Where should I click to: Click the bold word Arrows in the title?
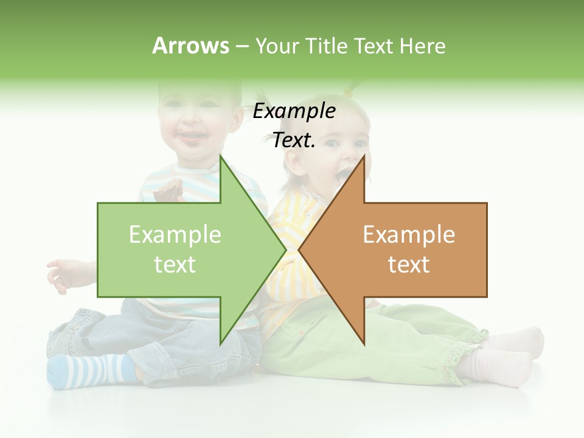(x=190, y=46)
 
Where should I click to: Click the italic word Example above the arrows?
(x=294, y=111)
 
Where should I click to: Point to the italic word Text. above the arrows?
(x=294, y=141)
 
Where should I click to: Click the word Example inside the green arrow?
(x=175, y=234)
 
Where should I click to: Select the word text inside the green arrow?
(x=175, y=264)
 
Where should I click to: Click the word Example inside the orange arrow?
(x=409, y=234)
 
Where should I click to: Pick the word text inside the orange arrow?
(x=409, y=264)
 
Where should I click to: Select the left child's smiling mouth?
(x=193, y=137)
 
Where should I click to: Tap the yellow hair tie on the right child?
(x=349, y=91)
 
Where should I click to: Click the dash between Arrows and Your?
(x=242, y=47)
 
